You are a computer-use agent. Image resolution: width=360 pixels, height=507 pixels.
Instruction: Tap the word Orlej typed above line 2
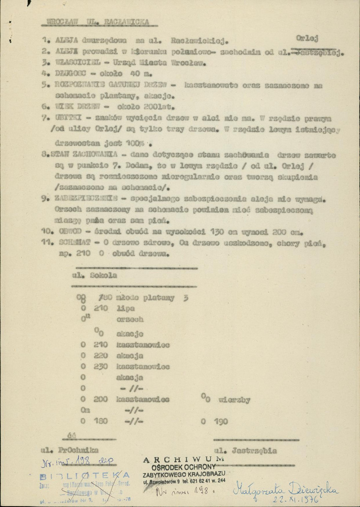point(307,38)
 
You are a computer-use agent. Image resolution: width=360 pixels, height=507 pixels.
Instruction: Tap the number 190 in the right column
point(219,421)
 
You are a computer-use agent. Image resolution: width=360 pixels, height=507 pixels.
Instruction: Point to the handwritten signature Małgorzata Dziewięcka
point(288,489)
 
